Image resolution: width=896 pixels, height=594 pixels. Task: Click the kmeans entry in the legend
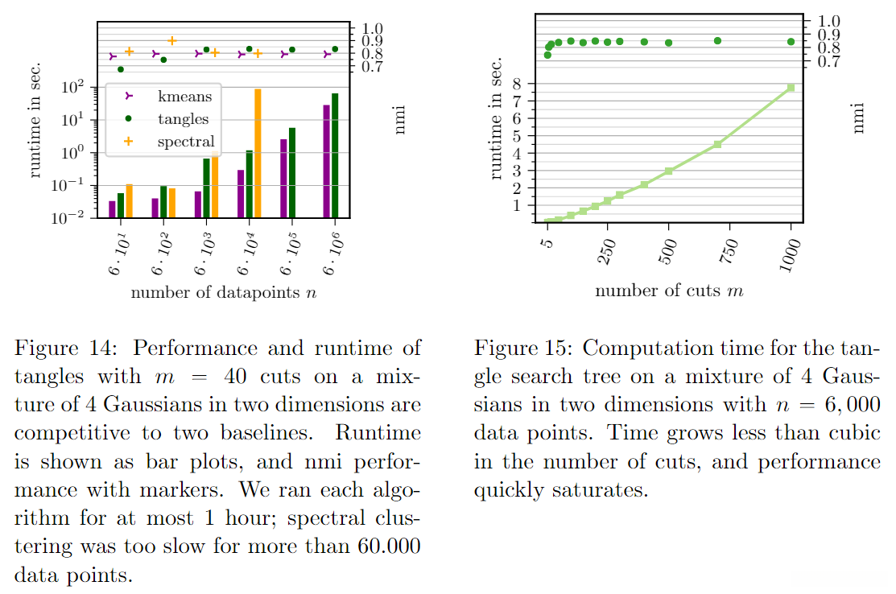point(184,97)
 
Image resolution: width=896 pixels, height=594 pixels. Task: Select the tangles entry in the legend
point(183,119)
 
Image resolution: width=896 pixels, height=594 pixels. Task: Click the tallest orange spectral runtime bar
point(258,153)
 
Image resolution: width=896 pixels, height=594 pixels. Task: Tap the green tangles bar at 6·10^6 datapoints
point(335,155)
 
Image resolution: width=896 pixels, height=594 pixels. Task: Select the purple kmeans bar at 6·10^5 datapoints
point(283,178)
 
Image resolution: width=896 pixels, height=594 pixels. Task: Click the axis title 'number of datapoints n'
point(223,291)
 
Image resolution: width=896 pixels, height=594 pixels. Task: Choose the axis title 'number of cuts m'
point(668,291)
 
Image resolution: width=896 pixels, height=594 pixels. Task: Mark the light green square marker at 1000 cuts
point(791,87)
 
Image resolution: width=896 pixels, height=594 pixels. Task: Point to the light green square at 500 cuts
point(668,171)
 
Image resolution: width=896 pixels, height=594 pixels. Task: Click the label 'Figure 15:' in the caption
point(523,349)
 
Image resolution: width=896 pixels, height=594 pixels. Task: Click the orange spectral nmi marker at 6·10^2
point(171,40)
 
